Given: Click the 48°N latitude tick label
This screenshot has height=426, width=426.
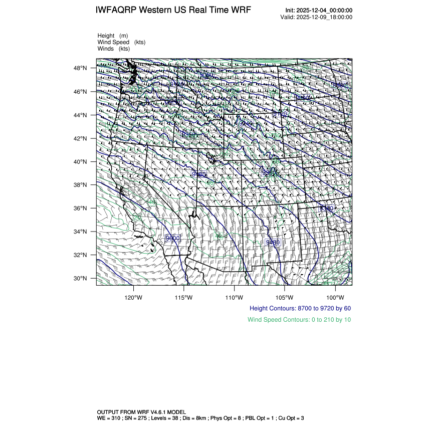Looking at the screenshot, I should click(x=81, y=68).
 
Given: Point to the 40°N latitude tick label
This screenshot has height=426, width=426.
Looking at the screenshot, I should click(x=81, y=162).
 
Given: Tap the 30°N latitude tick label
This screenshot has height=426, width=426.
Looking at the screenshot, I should click(x=81, y=278).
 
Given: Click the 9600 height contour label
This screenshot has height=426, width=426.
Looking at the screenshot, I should click(x=172, y=238).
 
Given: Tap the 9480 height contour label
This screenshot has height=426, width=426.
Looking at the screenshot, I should click(x=273, y=242).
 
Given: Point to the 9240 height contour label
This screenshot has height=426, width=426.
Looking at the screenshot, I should click(x=246, y=123).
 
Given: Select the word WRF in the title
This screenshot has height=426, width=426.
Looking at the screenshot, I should click(x=242, y=11).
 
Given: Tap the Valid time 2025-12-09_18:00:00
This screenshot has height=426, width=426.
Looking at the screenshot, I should click(x=325, y=17).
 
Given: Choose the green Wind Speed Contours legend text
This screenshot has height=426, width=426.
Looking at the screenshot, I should click(x=299, y=319).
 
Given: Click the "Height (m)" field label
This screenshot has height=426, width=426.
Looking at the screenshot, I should click(x=113, y=36).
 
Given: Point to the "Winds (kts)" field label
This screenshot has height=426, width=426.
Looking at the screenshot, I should click(x=114, y=49).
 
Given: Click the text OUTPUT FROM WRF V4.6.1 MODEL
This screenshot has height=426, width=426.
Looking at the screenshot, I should click(x=141, y=411).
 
